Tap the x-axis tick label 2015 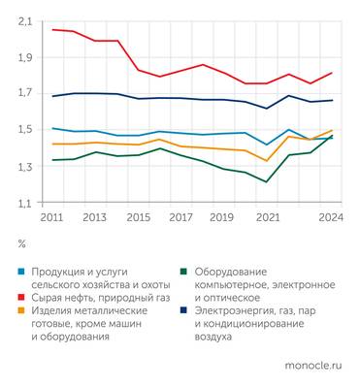138,217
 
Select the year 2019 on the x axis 223,217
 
